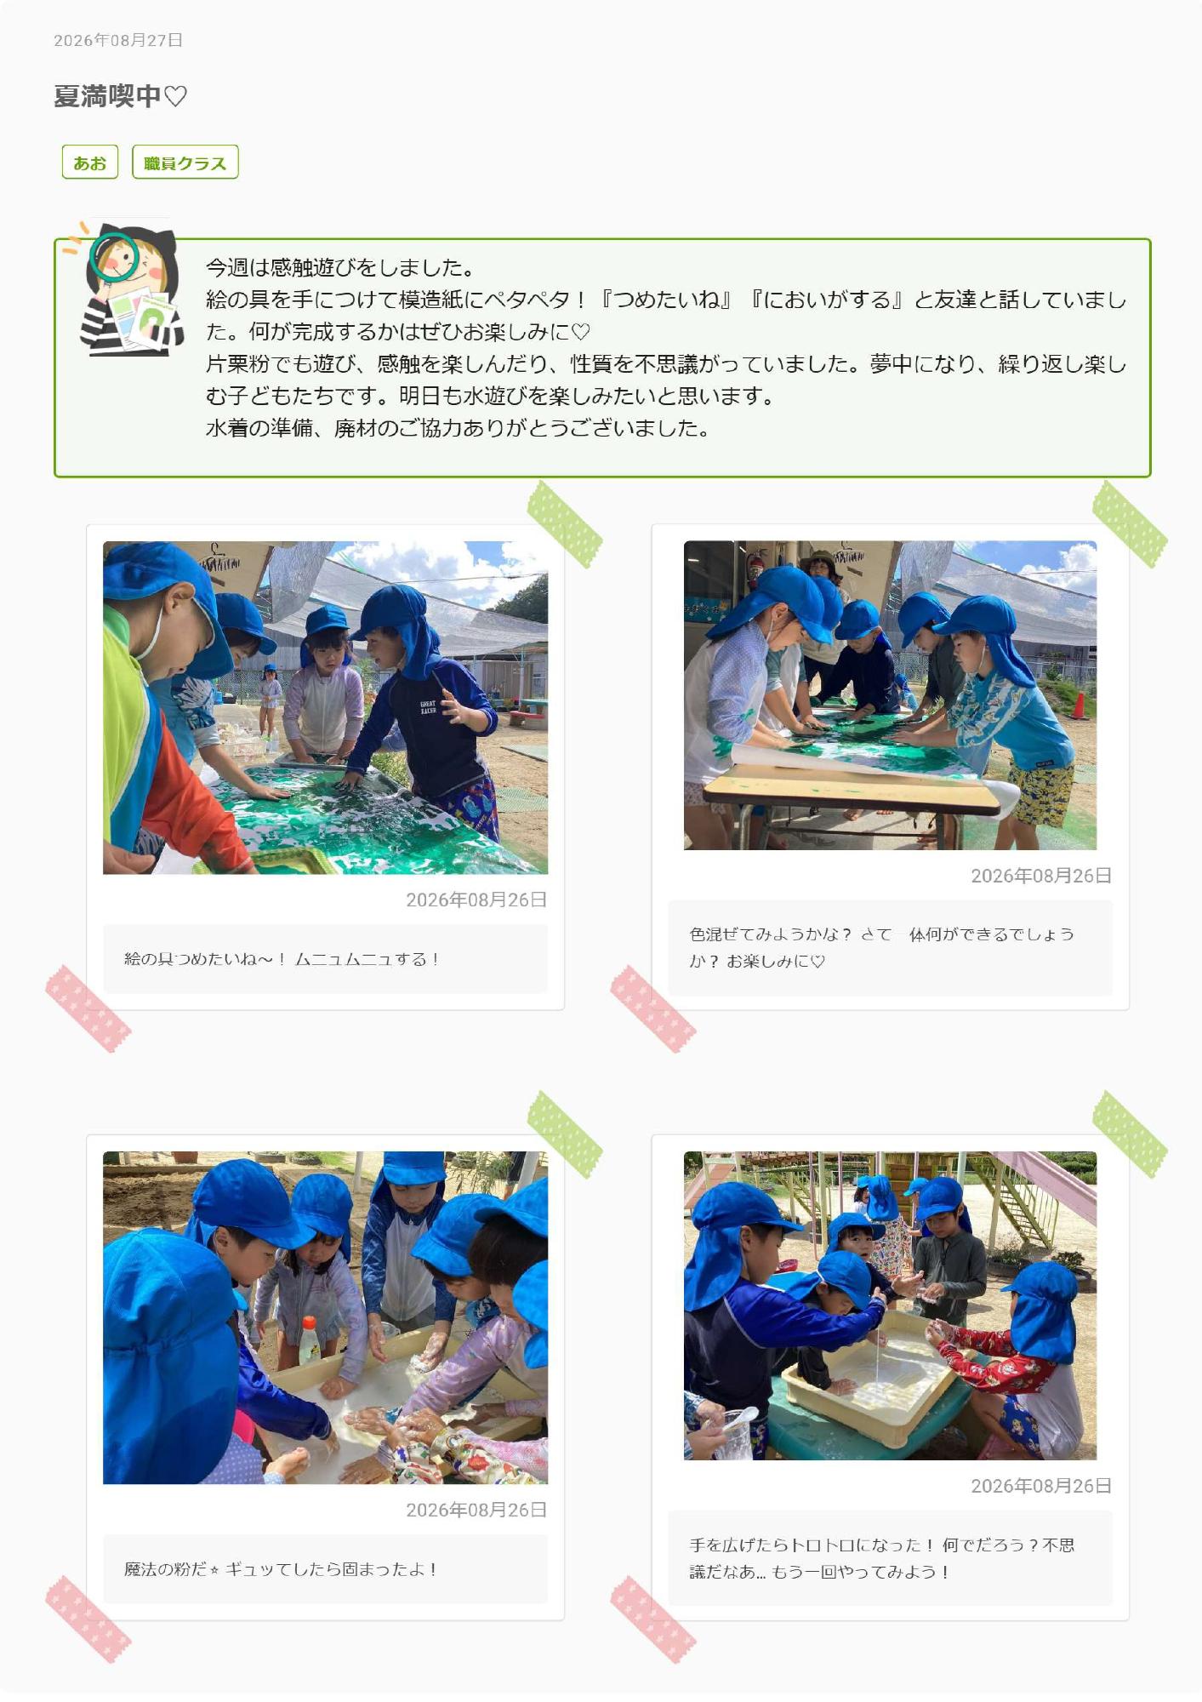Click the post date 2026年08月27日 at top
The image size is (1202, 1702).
[118, 40]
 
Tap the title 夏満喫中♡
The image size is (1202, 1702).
[120, 96]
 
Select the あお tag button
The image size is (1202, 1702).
[90, 162]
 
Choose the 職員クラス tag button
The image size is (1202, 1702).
[185, 162]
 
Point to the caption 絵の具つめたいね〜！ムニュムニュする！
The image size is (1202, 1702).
[282, 959]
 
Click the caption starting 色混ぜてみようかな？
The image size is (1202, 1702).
[881, 947]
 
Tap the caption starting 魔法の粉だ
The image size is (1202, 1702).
[281, 1569]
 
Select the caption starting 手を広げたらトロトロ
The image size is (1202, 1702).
[881, 1558]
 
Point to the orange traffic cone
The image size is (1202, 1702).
[1079, 705]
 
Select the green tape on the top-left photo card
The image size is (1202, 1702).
[565, 524]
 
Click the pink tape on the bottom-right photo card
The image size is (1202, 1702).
[653, 1619]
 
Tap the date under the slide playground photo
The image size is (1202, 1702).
[1041, 1486]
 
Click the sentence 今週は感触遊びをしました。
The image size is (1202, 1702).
[340, 268]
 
